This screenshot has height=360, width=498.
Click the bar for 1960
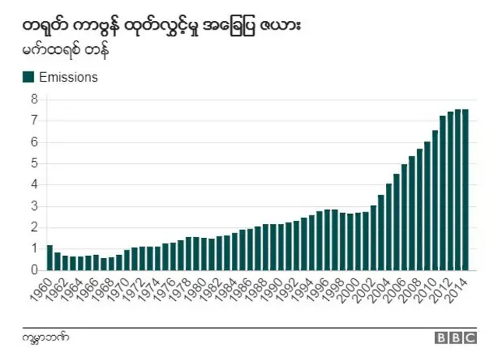(50, 257)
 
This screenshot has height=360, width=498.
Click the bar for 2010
(428, 205)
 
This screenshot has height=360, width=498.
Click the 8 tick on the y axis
(34, 100)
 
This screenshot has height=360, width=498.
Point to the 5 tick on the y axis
(34, 163)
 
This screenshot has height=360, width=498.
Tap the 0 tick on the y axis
(34, 270)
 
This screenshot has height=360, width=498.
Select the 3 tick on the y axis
(34, 206)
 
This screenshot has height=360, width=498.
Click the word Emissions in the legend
(68, 77)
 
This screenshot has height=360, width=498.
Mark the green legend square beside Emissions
(28, 77)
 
